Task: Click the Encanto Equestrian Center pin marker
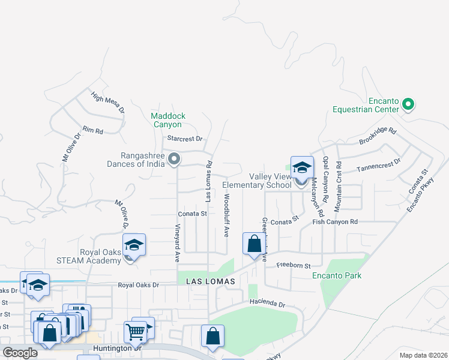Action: coord(408,105)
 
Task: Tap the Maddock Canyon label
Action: coord(168,120)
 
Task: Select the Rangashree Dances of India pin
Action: coord(174,159)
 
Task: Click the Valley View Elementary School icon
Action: coord(302,167)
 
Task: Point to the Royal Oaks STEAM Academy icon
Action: coord(134,245)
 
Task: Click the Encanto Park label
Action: coord(337,276)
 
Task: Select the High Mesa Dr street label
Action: coord(108,103)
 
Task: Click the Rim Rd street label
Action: coord(93,130)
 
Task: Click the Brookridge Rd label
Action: coord(378,135)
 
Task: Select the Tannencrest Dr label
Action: coord(379,166)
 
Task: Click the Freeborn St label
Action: coord(293,265)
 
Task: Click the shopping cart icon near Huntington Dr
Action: coord(136,331)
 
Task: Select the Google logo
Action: coord(20,353)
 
